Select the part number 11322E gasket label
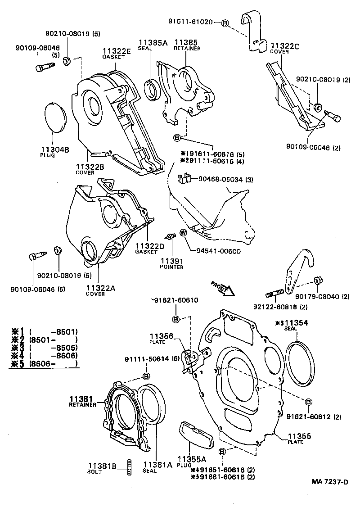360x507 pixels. (x=116, y=52)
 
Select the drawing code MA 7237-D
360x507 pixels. (x=330, y=482)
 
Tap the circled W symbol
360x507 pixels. (x=184, y=233)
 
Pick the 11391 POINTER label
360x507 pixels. (x=171, y=263)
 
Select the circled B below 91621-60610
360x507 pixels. (x=176, y=319)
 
